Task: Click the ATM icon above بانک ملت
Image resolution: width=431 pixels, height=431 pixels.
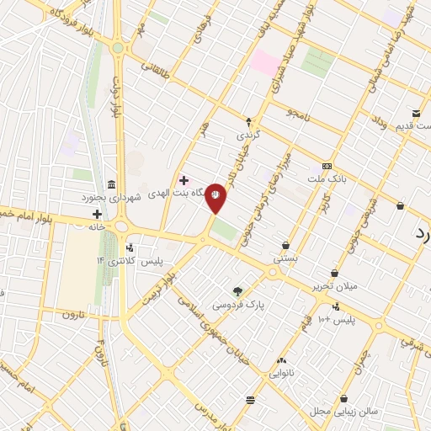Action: [327, 166]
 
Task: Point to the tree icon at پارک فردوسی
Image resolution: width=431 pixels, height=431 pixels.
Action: [239, 290]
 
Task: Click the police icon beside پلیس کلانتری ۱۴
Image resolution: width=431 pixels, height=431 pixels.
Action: [129, 248]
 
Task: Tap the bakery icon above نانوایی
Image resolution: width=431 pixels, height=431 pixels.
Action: [280, 360]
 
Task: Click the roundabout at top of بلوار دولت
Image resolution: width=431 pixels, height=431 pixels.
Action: [117, 48]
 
